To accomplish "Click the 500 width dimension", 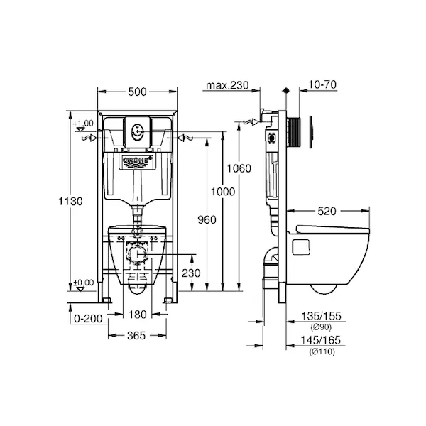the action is coord(137,92).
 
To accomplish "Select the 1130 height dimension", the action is coord(70,202).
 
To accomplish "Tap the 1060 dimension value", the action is coord(239,168).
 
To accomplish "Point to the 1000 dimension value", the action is coord(223,192).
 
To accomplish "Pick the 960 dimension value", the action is coord(207,219).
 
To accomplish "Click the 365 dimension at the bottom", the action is coord(136,336).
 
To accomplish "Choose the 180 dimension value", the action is coord(138,315).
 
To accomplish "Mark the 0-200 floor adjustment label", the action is coord(88,318).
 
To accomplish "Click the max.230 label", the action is coord(227,85).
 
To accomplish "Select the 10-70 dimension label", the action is coord(322,84).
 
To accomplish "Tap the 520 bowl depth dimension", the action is coord(327,211).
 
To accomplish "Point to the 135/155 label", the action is coord(321,316).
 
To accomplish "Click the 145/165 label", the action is coord(321,340).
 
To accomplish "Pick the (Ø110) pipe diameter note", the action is coord(322,352).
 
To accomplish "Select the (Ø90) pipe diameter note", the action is coord(321,327).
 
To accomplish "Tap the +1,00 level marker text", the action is coord(83,124).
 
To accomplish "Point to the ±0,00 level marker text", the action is coord(83,283).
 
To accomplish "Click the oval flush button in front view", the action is coord(137,131).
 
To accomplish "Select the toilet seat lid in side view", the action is coord(333,229).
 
